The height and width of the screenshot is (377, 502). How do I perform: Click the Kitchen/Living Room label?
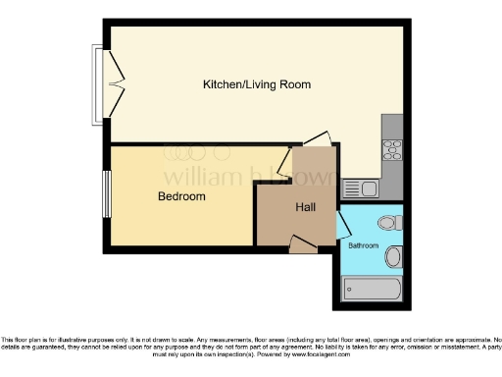(x=256, y=85)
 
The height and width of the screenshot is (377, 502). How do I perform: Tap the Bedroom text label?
(x=182, y=196)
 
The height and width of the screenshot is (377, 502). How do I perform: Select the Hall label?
(x=305, y=208)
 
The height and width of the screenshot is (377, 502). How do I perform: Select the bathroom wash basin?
(x=393, y=258)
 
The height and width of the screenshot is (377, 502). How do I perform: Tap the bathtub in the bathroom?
(x=372, y=290)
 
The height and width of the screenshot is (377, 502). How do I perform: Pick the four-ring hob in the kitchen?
(x=391, y=150)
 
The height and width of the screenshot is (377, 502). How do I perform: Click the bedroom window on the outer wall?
(x=107, y=194)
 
